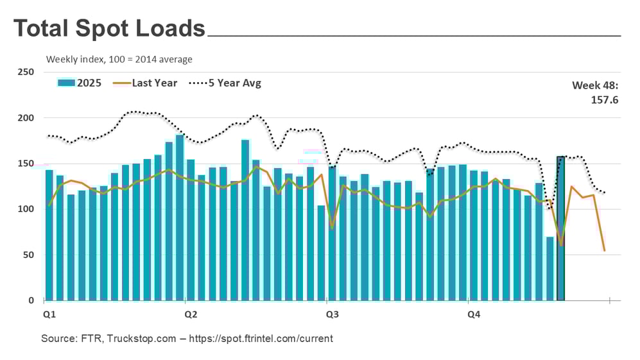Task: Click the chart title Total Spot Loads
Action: [x=109, y=29]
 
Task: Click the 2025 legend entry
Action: [x=80, y=83]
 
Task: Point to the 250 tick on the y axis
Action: [x=26, y=72]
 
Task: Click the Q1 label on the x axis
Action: [x=49, y=315]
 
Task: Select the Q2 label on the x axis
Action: [x=191, y=315]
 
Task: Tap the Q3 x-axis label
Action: [x=333, y=315]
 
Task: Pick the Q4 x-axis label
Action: [x=473, y=315]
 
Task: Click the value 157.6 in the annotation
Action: [x=605, y=99]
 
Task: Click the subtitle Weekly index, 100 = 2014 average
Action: [x=119, y=60]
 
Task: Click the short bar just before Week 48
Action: [x=549, y=268]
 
